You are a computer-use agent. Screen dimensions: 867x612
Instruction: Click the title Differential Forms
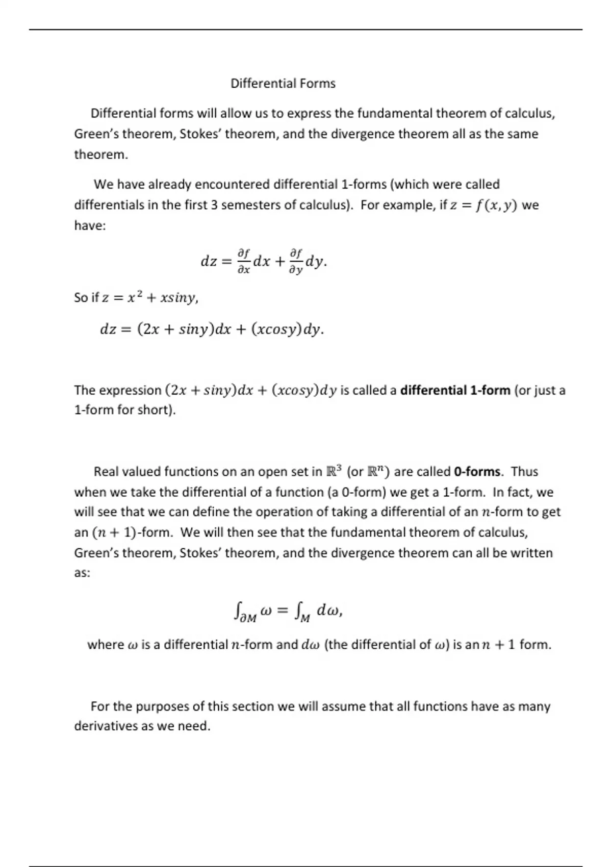coord(283,83)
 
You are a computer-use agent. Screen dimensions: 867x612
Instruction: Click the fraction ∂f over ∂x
coord(244,261)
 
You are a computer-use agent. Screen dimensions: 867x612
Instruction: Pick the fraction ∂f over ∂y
coord(296,261)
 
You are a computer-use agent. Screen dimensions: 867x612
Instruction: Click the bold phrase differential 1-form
coord(455,391)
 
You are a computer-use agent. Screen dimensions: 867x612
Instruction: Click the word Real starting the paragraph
coord(106,472)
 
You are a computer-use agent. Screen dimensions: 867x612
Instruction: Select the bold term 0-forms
coord(476,472)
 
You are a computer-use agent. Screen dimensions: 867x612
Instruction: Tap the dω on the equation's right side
coord(327,610)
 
